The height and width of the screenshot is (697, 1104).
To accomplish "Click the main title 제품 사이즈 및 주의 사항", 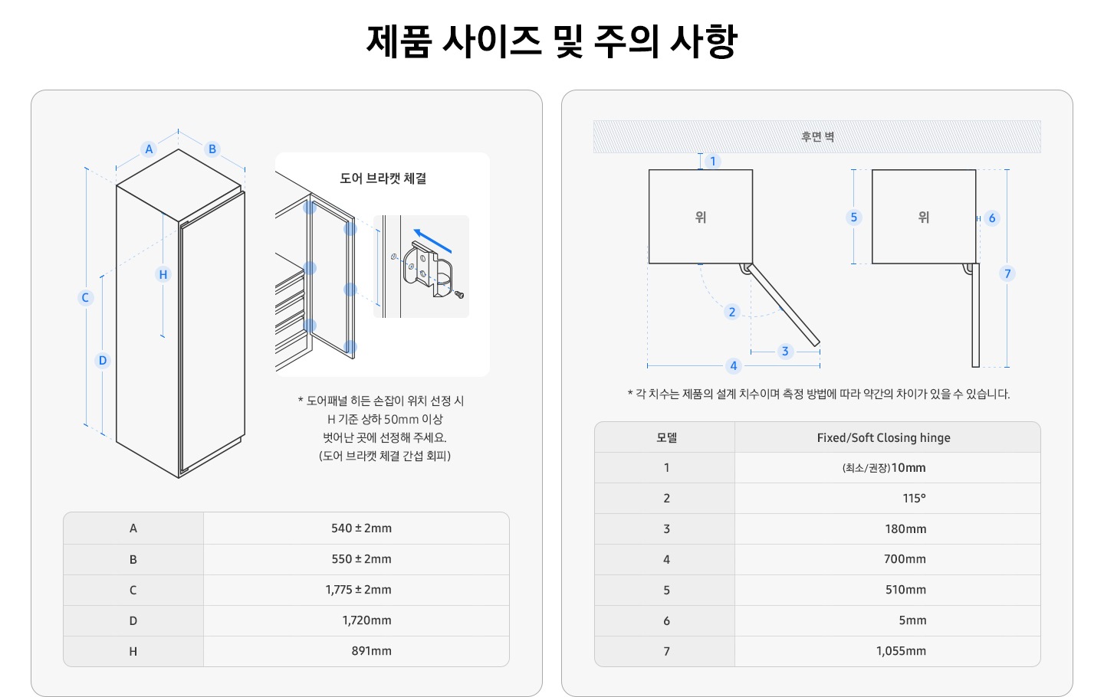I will pyautogui.click(x=552, y=41).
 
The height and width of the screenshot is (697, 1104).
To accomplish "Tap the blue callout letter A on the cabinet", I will pyautogui.click(x=149, y=149).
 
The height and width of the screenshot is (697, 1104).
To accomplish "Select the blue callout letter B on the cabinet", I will pyautogui.click(x=212, y=149).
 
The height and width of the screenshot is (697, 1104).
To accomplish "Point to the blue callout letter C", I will pyautogui.click(x=85, y=297).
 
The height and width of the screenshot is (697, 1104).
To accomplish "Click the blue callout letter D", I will pyautogui.click(x=103, y=360).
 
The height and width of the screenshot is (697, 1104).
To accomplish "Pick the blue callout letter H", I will pyautogui.click(x=163, y=274).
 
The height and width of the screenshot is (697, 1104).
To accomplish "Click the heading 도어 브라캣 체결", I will pyautogui.click(x=383, y=178).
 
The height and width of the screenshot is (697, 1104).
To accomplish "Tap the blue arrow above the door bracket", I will pyautogui.click(x=432, y=241).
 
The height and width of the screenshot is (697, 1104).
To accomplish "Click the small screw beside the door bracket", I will pyautogui.click(x=459, y=294).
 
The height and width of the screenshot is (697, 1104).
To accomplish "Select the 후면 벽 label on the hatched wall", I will pyautogui.click(x=817, y=137).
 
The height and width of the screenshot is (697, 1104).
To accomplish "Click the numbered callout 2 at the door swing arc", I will pyautogui.click(x=732, y=312).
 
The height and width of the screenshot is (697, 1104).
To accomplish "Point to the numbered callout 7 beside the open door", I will pyautogui.click(x=1007, y=273).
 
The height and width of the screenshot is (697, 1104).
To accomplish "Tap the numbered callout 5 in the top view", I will pyautogui.click(x=853, y=217).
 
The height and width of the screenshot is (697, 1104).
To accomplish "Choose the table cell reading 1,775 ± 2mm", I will pyautogui.click(x=358, y=590).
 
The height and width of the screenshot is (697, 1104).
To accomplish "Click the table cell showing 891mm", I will pyautogui.click(x=371, y=651).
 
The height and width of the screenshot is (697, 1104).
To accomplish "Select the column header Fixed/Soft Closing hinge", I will pyautogui.click(x=883, y=437).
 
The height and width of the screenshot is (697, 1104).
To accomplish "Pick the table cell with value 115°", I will pyautogui.click(x=914, y=498).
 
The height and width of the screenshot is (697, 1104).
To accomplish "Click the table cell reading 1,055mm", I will pyautogui.click(x=901, y=651).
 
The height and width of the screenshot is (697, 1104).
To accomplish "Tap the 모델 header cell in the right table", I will pyautogui.click(x=666, y=437).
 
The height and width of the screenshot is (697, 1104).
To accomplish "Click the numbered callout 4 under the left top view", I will pyautogui.click(x=734, y=365).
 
